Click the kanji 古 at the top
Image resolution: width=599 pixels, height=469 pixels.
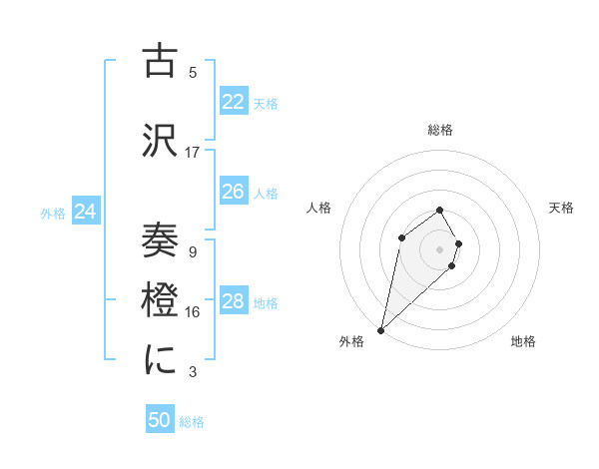coord(161,62)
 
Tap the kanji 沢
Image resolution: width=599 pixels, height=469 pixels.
coord(161,140)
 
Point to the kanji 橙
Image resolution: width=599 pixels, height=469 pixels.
coord(161,300)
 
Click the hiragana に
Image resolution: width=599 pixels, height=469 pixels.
coord(161,360)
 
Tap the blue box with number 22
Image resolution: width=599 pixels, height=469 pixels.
coord(233,102)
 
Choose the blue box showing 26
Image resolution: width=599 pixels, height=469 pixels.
coord(233,192)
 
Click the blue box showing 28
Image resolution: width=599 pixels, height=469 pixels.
coord(233,301)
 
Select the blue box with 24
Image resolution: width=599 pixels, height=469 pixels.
coord(85,212)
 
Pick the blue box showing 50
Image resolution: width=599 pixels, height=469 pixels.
coord(160,420)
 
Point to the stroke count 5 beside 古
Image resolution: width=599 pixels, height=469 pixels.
coord(193,72)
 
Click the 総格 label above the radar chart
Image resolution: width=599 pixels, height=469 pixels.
coord(439,130)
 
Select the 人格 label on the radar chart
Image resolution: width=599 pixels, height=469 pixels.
coord(318,208)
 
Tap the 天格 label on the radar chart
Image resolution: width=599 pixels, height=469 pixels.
coord(561,208)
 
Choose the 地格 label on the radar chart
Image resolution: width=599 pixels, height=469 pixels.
coord(523,341)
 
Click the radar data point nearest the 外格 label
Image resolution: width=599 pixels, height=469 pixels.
coord(381,329)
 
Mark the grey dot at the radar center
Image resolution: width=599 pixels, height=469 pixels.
coord(439,248)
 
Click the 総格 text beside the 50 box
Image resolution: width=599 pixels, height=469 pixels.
coord(192,422)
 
